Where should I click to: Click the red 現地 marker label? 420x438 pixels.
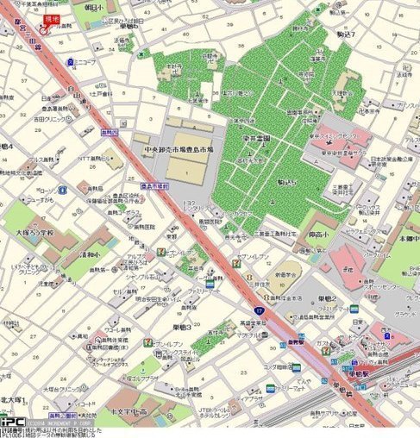click(x=52, y=18)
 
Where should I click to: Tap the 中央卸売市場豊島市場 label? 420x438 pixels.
click(x=179, y=149)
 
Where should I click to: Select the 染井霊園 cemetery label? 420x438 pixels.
click(x=256, y=138)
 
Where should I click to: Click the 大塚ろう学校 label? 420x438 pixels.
click(x=34, y=233)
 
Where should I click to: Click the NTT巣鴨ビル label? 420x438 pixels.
click(x=97, y=159)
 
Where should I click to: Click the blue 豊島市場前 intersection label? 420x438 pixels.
click(x=155, y=185)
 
